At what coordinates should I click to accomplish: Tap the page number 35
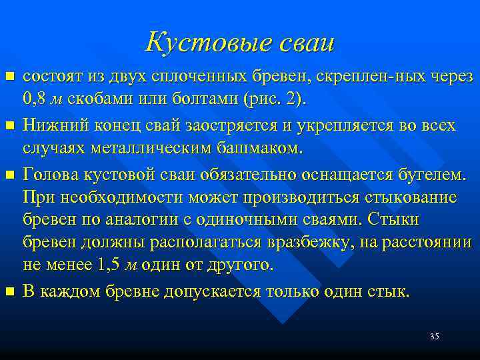(x=434, y=336)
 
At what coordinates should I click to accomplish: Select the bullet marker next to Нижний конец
(x=9, y=124)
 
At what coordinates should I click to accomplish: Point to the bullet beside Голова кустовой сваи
(x=9, y=175)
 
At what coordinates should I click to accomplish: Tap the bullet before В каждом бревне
(x=9, y=291)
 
